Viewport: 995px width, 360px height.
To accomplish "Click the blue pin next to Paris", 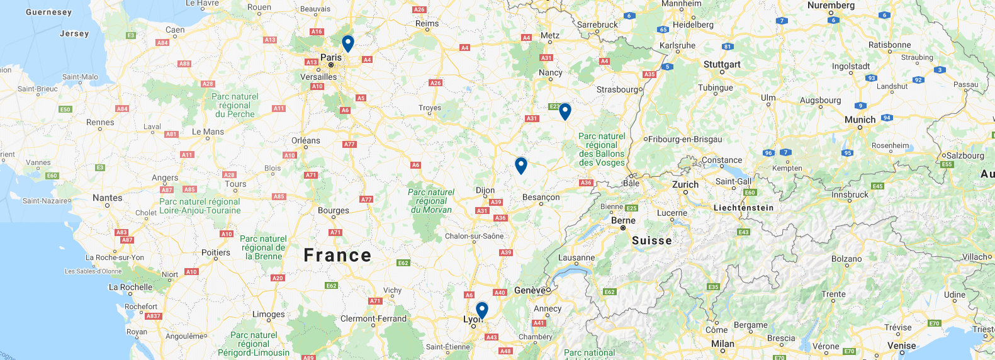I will [x=347, y=43].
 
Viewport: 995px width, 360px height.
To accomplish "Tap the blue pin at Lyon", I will [x=481, y=310].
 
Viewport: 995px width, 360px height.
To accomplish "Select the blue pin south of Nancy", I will [x=565, y=111].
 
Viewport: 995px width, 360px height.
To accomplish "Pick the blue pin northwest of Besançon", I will [x=520, y=165].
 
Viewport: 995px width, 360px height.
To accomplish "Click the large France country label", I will [x=337, y=256].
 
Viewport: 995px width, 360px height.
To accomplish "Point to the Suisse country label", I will [x=651, y=240].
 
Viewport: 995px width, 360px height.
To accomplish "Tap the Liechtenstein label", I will [x=743, y=208].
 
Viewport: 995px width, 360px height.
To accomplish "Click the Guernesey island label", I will [x=48, y=12].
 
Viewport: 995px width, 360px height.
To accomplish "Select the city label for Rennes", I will [x=100, y=122].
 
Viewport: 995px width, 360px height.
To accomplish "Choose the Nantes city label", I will [x=108, y=198].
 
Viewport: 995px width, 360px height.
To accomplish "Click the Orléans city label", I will [x=306, y=140].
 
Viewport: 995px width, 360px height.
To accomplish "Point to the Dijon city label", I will [x=485, y=190].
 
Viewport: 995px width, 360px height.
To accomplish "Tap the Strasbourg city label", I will [x=619, y=89].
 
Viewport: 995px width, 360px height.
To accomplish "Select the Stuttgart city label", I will [x=722, y=64].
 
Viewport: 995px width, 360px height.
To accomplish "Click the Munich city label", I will [x=860, y=120].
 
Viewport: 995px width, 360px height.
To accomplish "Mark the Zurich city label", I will [x=685, y=184].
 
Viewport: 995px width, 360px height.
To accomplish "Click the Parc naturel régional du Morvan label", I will [x=431, y=201].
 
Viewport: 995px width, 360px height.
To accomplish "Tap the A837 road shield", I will [x=154, y=316].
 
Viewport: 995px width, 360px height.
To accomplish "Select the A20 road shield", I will [x=278, y=278].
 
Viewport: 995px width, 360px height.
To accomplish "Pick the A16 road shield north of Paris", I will [x=317, y=31].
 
